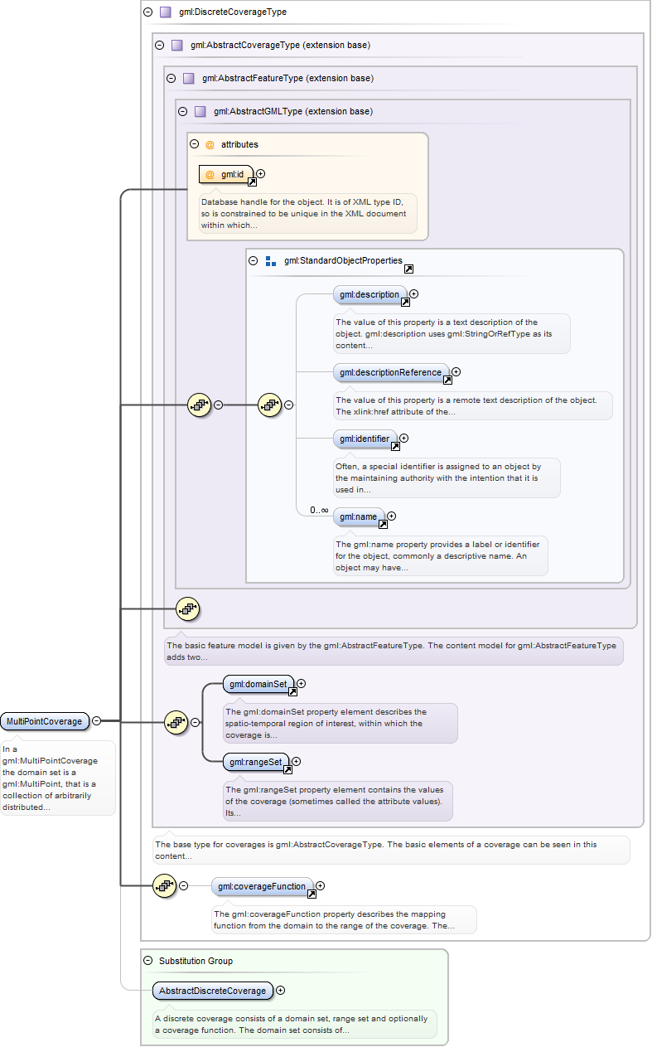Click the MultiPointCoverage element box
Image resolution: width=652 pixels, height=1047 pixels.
point(45,721)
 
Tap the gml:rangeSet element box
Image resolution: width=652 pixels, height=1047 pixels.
point(256,761)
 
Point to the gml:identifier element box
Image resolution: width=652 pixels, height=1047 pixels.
point(365,439)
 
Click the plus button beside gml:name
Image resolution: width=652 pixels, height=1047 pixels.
point(392,516)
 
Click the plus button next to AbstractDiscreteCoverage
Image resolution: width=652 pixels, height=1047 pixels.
point(280,990)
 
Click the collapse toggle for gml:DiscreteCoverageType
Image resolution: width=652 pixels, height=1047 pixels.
point(148,12)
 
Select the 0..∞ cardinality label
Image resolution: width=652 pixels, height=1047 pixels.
point(319,510)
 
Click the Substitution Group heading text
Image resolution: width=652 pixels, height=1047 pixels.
point(196,961)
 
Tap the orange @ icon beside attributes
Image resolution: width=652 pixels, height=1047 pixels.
point(210,144)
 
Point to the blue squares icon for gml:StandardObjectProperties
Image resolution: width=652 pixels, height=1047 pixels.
point(271,261)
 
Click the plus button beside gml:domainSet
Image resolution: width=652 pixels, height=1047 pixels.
point(302,684)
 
